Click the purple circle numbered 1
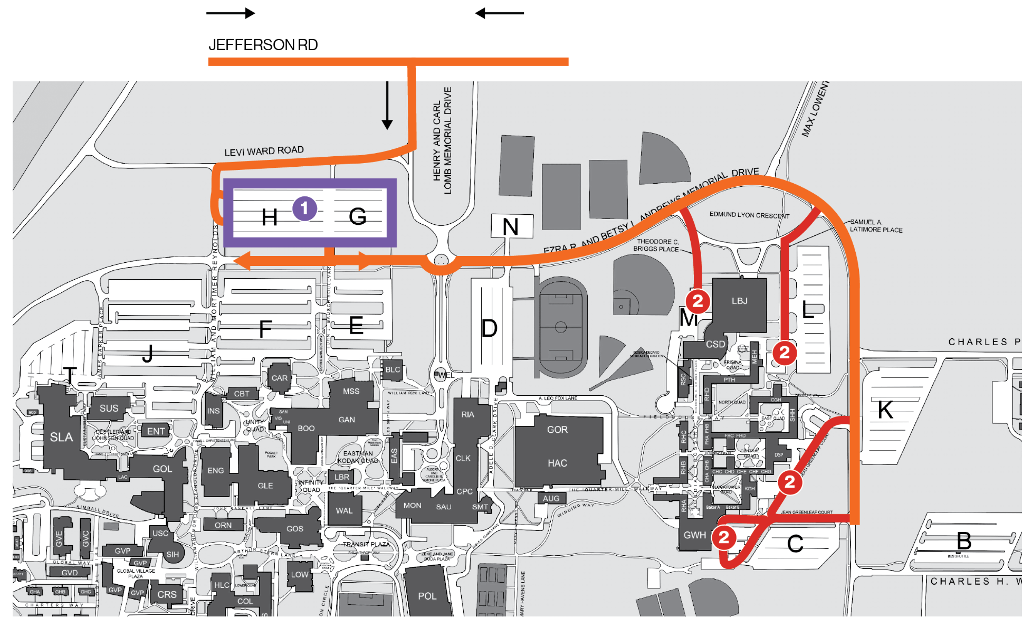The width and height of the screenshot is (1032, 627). point(304,208)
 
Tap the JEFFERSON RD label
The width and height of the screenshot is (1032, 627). point(263,45)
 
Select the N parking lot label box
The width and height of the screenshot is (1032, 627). point(511,227)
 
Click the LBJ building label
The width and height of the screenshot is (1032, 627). point(739,301)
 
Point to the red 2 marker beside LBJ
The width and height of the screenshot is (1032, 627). point(697,301)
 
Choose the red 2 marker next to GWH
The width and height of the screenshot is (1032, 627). point(724,537)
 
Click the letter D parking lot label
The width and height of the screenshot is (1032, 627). point(489,328)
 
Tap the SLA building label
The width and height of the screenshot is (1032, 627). point(61,437)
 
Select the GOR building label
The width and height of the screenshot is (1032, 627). point(557,430)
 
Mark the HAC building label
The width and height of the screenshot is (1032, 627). point(557,463)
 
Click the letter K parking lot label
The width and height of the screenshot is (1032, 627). point(885,410)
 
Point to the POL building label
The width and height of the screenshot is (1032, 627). point(427,596)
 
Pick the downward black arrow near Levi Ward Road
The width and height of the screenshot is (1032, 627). point(387,106)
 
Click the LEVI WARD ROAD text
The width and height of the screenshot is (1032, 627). point(264,151)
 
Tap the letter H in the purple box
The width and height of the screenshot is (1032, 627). point(270,217)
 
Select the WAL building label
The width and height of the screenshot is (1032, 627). point(344,510)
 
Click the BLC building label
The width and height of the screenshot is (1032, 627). point(393,369)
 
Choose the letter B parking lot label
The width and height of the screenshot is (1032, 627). point(964,540)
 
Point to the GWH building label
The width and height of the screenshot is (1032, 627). point(694,535)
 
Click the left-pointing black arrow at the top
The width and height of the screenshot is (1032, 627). point(499,13)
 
